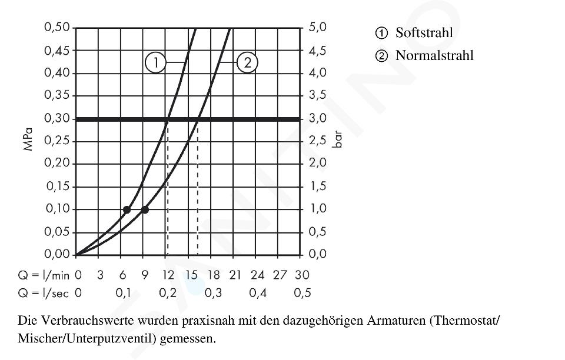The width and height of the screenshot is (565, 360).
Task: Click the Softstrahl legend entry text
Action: coord(424,32)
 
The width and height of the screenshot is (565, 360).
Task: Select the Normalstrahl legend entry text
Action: coord(434,56)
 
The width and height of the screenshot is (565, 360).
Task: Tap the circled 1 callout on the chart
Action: coord(155,62)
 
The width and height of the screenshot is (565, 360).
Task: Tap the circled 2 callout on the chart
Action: coord(247,62)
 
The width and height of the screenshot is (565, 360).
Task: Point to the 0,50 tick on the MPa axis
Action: coord(57,28)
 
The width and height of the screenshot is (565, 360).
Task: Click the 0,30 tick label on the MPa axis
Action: coord(57,118)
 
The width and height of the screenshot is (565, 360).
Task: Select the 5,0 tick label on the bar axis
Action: coord(317,28)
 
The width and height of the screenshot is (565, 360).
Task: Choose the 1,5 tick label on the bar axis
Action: coord(317,186)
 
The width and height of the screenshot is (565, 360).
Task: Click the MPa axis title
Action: coord(28,141)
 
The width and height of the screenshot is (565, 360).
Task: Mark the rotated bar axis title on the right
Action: coord(337,141)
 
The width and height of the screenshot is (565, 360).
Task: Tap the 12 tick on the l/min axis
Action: coord(168,275)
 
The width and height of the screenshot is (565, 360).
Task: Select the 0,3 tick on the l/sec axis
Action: coord(213,293)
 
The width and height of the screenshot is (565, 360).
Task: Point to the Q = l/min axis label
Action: coord(44,275)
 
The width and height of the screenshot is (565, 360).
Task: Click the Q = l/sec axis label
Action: coord(44,293)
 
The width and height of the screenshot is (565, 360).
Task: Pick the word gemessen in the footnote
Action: coord(190,339)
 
